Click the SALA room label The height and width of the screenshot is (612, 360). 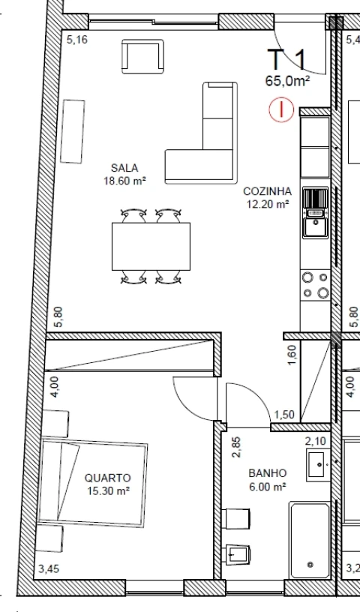coord(124,167)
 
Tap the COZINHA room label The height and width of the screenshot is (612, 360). coord(267,191)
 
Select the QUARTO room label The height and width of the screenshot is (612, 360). coord(108,477)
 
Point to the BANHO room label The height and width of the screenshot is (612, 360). coord(268,474)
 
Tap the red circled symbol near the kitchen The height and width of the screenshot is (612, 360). coord(281,111)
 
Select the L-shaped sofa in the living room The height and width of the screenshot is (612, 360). coord(202,146)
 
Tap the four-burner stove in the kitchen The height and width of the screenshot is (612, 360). coord(316,285)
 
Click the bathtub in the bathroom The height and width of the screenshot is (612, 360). coord(310,540)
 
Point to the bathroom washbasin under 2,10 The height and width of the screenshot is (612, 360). coord(319,466)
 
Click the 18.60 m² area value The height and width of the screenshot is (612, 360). coord(124,180)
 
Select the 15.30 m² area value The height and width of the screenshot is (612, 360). coord(108,490)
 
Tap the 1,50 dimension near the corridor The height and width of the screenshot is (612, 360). coord(283,415)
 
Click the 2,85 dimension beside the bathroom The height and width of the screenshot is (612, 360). coord(236,447)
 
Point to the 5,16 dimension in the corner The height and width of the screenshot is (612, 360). coord(77,40)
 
